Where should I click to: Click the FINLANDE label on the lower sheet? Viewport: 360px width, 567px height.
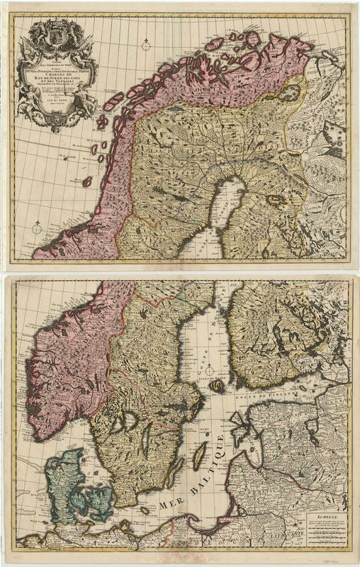point(283,333)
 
